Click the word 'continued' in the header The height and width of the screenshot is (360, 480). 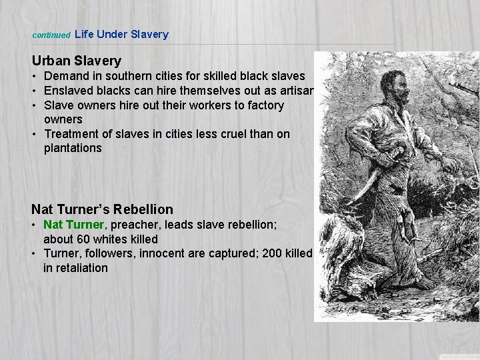click(x=51, y=35)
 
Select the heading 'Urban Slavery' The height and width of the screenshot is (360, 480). click(x=76, y=61)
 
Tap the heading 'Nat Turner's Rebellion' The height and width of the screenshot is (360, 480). click(x=102, y=209)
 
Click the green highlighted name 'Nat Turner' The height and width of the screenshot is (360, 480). click(x=73, y=225)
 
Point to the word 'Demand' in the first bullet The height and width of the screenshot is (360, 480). click(x=65, y=77)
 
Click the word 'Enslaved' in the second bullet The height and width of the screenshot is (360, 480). click(x=68, y=91)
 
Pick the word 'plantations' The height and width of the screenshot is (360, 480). click(x=73, y=148)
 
